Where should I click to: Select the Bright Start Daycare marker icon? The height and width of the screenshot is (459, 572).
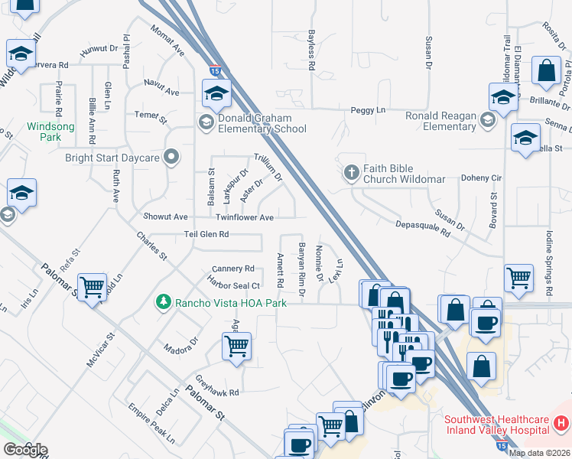coord(172,158)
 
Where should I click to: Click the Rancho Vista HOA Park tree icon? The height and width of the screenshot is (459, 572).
coord(162,303)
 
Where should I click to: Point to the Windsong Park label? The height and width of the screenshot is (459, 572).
coord(44,132)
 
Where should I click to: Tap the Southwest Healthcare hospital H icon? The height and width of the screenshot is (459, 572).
coord(561,422)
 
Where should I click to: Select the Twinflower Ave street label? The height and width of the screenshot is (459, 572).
coord(245,218)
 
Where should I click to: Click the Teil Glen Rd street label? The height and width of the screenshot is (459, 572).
coord(206,234)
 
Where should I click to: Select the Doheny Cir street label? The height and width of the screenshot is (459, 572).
coord(480,177)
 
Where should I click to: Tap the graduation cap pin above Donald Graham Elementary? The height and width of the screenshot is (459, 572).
coord(217,93)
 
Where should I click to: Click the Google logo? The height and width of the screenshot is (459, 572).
coord(24,450)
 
